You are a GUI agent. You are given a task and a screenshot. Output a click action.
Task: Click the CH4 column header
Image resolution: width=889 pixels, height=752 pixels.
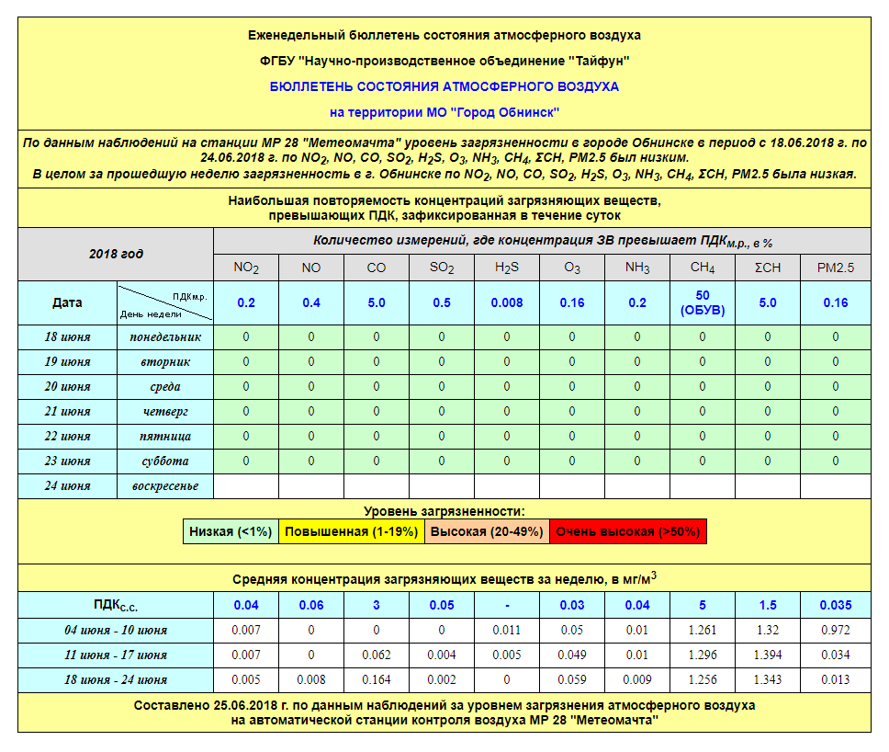[x=703, y=268]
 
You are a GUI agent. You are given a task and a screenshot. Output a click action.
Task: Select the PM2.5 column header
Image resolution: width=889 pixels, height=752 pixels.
[x=835, y=268]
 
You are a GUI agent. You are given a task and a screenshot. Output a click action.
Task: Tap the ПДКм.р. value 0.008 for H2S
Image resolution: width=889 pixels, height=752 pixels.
[x=507, y=302]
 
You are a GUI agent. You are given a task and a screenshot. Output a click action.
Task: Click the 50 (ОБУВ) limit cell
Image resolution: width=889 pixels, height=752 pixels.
[x=703, y=302]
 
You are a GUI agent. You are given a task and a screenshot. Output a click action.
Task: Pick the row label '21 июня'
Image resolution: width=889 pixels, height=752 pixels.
[x=68, y=412]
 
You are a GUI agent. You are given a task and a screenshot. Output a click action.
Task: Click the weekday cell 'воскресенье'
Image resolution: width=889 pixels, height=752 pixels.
[x=165, y=486]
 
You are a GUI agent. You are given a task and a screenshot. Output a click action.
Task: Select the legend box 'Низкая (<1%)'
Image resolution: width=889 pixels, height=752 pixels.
[x=231, y=531]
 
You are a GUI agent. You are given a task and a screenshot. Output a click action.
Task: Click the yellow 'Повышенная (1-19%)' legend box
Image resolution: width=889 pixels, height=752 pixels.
[x=351, y=531]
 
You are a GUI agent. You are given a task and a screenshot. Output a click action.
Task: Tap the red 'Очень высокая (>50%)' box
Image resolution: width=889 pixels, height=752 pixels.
[x=628, y=531]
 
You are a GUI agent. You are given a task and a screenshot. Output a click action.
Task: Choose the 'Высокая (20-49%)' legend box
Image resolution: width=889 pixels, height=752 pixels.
[x=487, y=531]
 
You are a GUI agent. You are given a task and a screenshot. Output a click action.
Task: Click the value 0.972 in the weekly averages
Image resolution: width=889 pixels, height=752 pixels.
[x=835, y=630]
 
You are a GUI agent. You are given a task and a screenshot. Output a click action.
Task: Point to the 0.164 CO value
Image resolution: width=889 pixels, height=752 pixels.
[x=377, y=679]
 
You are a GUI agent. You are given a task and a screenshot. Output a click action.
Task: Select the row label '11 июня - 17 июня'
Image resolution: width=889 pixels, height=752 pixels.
[x=116, y=655]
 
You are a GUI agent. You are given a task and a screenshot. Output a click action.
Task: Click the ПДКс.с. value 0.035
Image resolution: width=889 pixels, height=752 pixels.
[x=835, y=605]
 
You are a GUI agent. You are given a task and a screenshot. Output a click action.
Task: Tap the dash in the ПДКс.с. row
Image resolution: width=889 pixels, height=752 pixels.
[x=507, y=605]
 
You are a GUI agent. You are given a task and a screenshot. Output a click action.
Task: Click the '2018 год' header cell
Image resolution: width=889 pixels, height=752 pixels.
[x=116, y=254]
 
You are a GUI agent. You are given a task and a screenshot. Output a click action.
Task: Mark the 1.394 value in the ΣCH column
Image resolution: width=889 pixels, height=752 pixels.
[x=768, y=655]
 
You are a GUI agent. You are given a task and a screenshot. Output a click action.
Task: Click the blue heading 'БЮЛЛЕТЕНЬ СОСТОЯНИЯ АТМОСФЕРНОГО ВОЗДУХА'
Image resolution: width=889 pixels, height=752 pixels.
[x=444, y=86]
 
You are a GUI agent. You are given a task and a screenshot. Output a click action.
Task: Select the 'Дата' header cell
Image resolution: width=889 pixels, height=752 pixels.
[x=68, y=302]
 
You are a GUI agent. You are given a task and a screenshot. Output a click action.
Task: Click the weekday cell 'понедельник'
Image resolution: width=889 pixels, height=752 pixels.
[x=165, y=337]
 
